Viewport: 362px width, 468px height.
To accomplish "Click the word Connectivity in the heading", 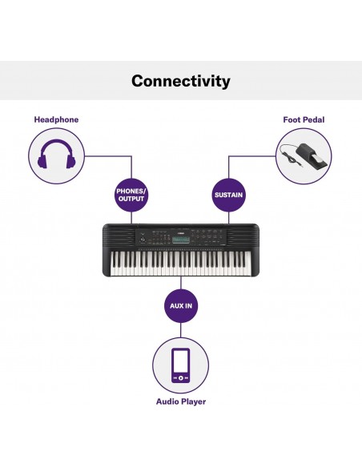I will tap(181, 81).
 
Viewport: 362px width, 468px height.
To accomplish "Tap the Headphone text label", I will tap(56, 120).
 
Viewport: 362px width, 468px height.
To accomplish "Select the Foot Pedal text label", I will tap(304, 120).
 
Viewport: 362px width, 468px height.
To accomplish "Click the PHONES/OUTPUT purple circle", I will tap(133, 195).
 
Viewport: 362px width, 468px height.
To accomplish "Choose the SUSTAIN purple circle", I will tap(228, 195).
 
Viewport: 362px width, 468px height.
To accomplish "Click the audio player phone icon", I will tap(181, 365).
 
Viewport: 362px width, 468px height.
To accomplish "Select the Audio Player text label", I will tap(181, 401).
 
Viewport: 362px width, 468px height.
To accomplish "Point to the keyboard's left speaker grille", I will tap(119, 237).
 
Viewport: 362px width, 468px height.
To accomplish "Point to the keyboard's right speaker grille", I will tap(243, 237).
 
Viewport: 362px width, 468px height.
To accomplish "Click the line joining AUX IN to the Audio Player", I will tap(181, 330).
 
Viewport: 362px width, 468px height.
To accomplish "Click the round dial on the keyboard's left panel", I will tap(143, 239).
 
